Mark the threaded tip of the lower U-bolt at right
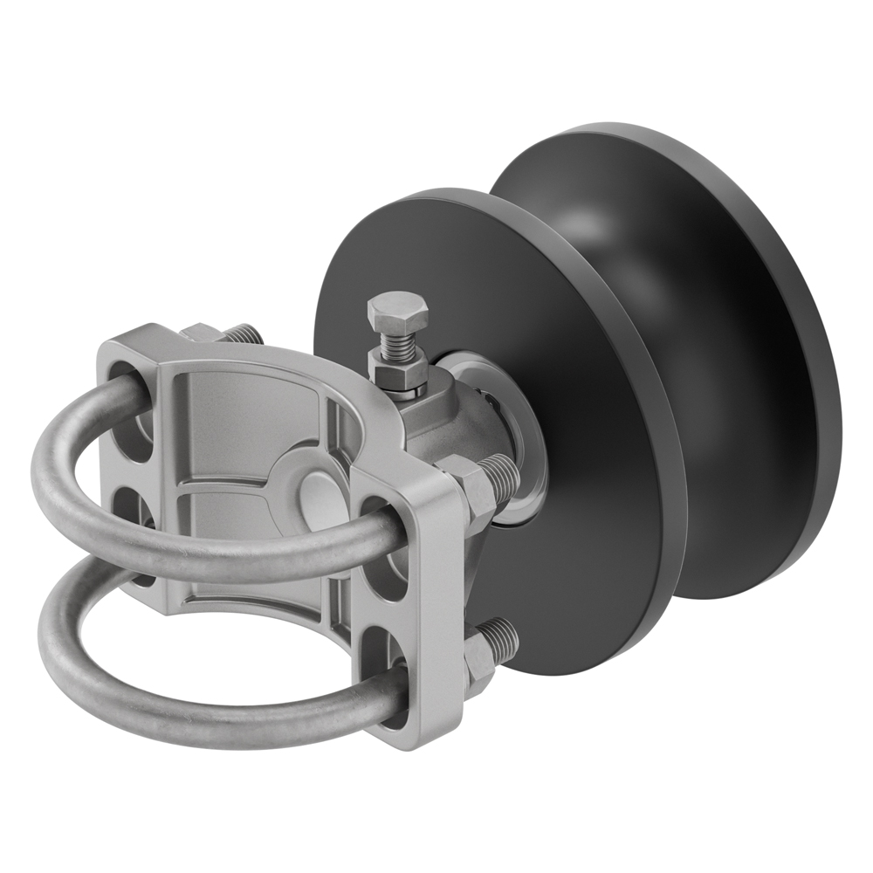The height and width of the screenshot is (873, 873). click(x=505, y=636)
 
